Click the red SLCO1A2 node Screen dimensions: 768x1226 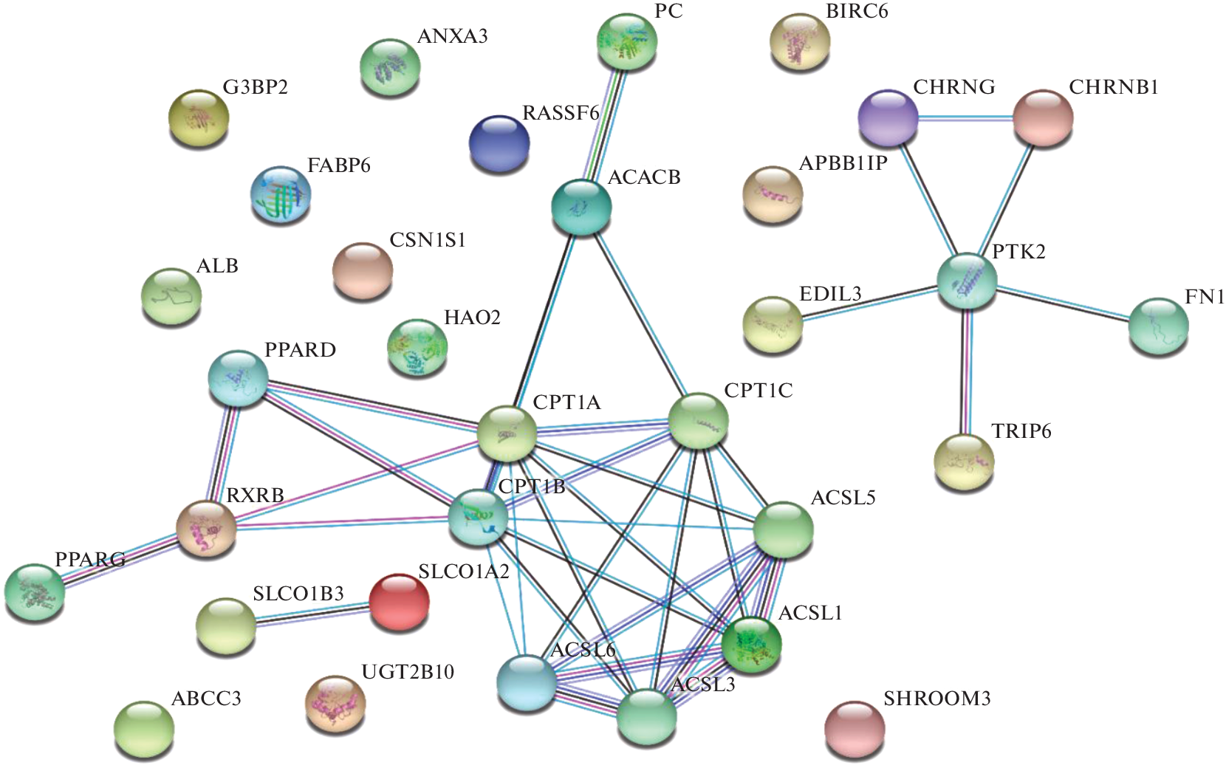pos(399,603)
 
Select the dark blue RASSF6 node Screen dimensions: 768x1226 pos(499,143)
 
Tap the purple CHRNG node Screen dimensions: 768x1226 pos(888,117)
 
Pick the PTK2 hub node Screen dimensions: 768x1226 pos(967,281)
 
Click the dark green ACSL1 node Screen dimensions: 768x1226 pos(751,644)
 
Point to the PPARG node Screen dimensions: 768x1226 pos(34,591)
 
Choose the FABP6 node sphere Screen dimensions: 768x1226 pos(281,194)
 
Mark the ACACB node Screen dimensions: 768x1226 pos(581,208)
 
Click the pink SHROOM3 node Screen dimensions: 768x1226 pos(855,729)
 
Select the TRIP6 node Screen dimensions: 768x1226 pos(964,462)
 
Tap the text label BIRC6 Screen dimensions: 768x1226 pos(857,12)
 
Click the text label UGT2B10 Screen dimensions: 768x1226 pos(408,672)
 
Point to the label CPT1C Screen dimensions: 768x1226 pos(758,391)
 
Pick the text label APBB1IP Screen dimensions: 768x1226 pos(843,163)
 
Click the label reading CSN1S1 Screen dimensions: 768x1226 pos(428,241)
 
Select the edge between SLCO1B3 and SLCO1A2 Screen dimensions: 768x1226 pos(312,614)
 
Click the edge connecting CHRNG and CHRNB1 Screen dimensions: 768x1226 pos(965,117)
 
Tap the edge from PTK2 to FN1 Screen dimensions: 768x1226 pos(1064,303)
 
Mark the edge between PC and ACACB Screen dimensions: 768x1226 pos(604,123)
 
